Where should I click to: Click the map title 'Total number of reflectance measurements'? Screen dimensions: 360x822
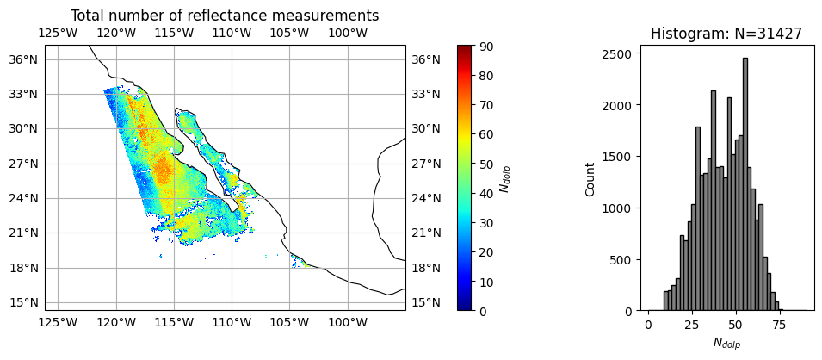tap(224, 16)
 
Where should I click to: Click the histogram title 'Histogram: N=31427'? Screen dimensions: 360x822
tap(726, 34)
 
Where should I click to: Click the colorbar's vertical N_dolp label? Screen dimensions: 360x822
tap(505, 177)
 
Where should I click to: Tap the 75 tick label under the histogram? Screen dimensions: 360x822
tap(778, 327)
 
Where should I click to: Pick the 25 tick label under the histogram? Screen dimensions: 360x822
tap(691, 327)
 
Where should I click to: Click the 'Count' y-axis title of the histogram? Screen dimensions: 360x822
tap(590, 177)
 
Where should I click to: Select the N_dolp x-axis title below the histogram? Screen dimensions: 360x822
tap(726, 344)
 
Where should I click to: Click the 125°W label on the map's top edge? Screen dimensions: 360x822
tap(58, 33)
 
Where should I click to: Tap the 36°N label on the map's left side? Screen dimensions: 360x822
tap(23, 59)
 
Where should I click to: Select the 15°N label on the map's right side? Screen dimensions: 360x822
tap(426, 302)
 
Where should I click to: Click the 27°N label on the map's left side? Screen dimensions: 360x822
tap(23, 164)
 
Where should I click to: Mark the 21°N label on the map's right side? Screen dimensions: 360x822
tap(426, 233)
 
